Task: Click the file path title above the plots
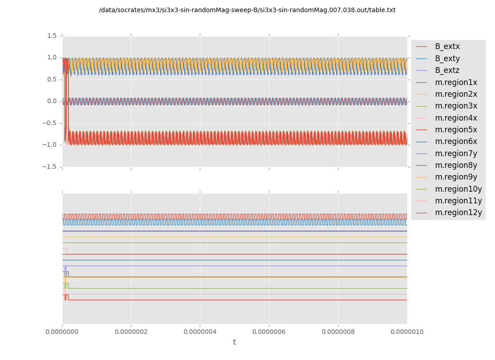pos(247,10)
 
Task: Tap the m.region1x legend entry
pos(456,82)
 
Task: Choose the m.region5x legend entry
pos(456,130)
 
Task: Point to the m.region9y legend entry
pos(456,177)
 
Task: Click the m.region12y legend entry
pos(458,212)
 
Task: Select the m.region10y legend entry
pos(458,189)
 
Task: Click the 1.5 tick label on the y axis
pos(52,36)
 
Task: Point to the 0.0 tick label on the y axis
pos(52,101)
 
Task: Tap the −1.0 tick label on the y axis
pos(50,144)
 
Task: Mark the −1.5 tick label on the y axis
pos(50,166)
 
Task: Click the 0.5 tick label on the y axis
pos(52,79)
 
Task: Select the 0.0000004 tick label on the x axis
pos(200,332)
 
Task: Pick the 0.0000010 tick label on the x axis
pos(407,332)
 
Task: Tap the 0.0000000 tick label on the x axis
pos(62,332)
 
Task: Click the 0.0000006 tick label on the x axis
pos(269,332)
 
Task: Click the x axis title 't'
pos(234,342)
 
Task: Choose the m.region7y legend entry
pos(456,153)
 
